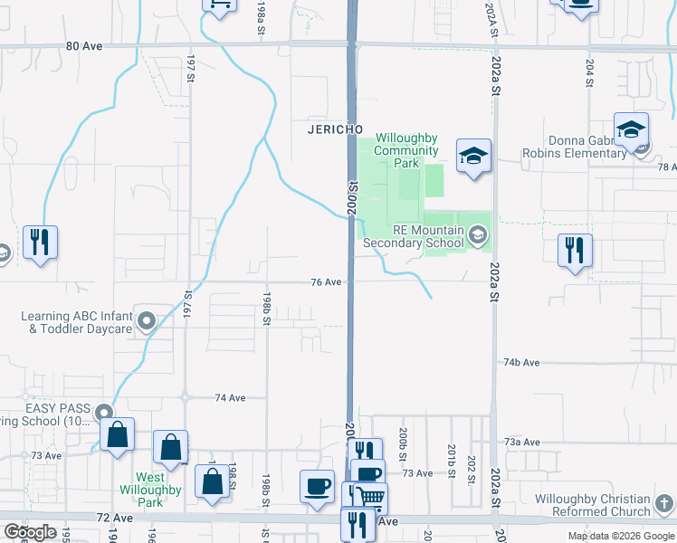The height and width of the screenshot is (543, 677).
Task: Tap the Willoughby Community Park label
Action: (x=406, y=150)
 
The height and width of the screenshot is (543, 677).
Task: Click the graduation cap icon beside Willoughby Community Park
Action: (x=472, y=157)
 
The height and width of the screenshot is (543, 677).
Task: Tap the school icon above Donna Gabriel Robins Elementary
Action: (x=631, y=130)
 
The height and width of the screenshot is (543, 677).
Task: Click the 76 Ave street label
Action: (x=326, y=282)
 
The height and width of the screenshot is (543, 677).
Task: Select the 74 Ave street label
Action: (x=231, y=397)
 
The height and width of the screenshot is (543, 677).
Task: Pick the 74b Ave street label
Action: (x=521, y=363)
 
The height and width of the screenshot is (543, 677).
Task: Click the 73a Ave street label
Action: (x=522, y=442)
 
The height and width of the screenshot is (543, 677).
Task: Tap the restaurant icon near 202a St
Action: (x=575, y=248)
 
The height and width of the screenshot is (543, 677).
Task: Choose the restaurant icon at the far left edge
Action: (x=40, y=242)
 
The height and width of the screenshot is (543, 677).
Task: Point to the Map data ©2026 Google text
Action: (x=620, y=536)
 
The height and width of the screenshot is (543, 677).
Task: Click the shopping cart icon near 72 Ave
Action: (x=370, y=497)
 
